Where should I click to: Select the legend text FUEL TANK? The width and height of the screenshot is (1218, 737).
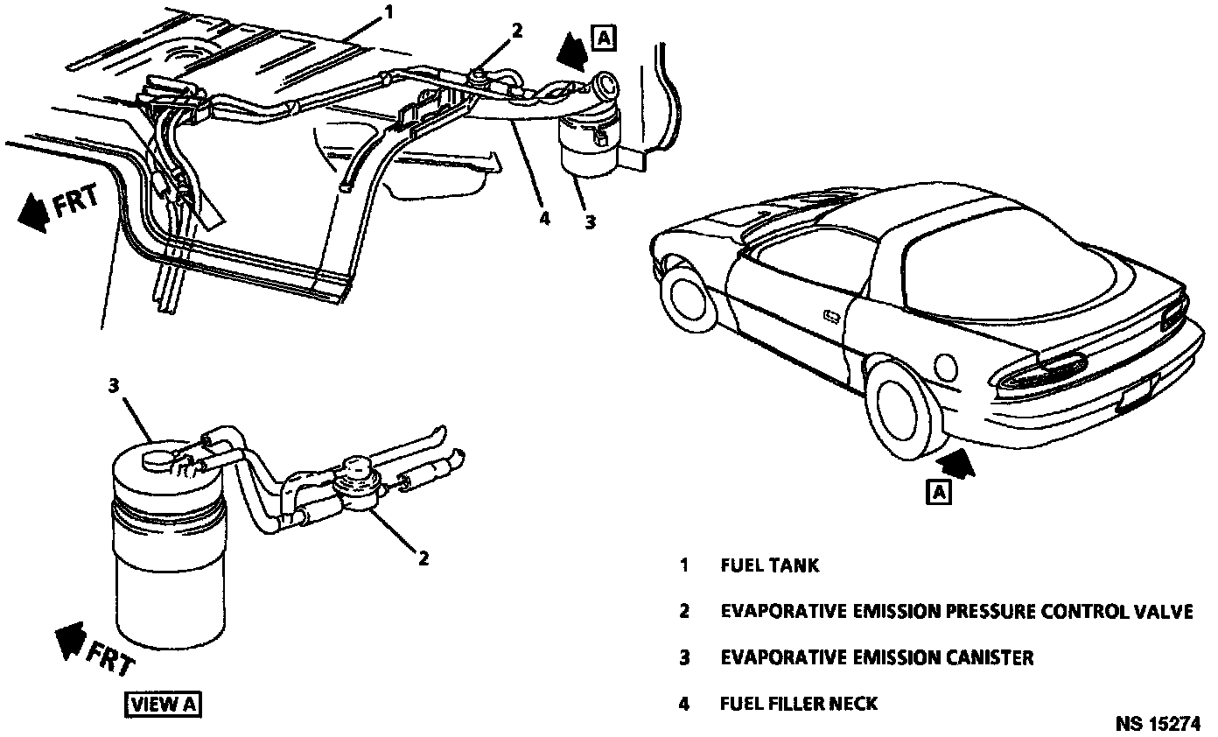pos(770,565)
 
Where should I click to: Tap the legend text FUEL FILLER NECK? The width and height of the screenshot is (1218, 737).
pos(799,703)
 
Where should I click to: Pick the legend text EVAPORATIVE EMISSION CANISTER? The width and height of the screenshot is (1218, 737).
pos(877,656)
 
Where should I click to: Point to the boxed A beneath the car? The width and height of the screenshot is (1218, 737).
pos(939,492)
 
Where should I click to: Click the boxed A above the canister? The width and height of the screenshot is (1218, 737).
pos(604,37)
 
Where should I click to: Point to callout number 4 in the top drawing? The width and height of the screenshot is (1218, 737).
pos(544,218)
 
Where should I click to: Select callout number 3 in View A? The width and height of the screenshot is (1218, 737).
pos(113,384)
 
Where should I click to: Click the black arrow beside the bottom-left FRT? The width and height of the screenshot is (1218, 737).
pos(67,644)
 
